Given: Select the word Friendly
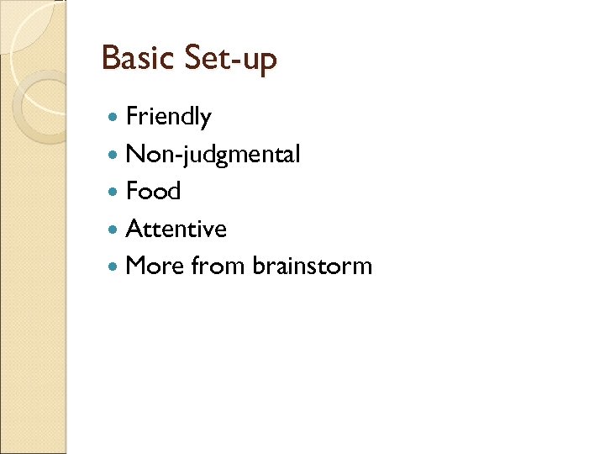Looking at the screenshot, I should pos(168,118).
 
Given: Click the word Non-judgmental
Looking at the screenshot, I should pos(213,155).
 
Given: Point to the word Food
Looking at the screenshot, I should pos(153,192).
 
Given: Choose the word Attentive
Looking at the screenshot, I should pos(176,229).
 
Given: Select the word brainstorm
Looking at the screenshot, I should pos(312,266).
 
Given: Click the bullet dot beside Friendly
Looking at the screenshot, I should pos(114,118).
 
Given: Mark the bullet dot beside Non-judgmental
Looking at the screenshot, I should pos(114,155).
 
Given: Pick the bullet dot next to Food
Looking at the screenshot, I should pos(114,192).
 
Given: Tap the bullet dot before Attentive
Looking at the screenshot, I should pos(114,229).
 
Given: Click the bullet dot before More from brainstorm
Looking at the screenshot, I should pos(114,266).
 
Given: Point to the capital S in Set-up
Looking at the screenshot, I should pos(194,58).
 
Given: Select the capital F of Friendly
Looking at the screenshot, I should pos(131,117).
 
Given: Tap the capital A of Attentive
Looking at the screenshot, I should pos(133,229).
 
